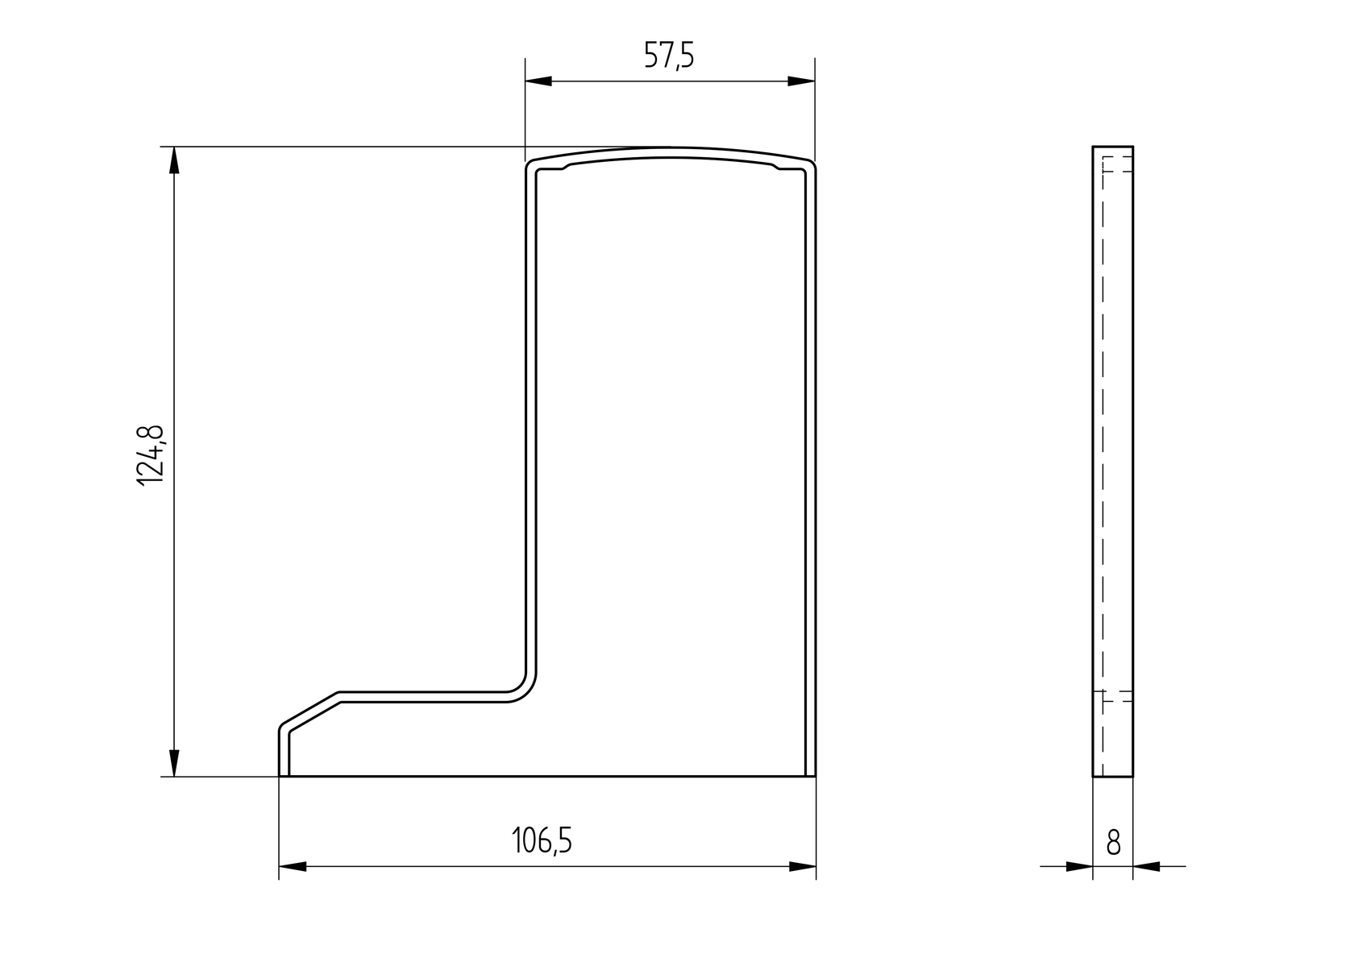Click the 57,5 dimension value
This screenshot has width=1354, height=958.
point(668,56)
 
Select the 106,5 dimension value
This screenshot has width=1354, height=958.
point(542,841)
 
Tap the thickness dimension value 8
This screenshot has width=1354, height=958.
point(1113,843)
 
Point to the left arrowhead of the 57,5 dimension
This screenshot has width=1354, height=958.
point(538,81)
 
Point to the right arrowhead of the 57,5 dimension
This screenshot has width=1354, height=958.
point(801,81)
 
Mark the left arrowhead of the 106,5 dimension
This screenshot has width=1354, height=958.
point(293,867)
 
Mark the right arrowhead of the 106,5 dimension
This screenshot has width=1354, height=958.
point(803,867)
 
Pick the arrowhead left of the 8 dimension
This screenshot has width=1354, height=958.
point(1079,867)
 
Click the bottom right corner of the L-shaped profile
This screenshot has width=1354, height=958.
point(814,775)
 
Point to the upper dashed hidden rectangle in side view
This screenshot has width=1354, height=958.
point(1117,164)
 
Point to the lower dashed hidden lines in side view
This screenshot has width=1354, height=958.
point(1117,697)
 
